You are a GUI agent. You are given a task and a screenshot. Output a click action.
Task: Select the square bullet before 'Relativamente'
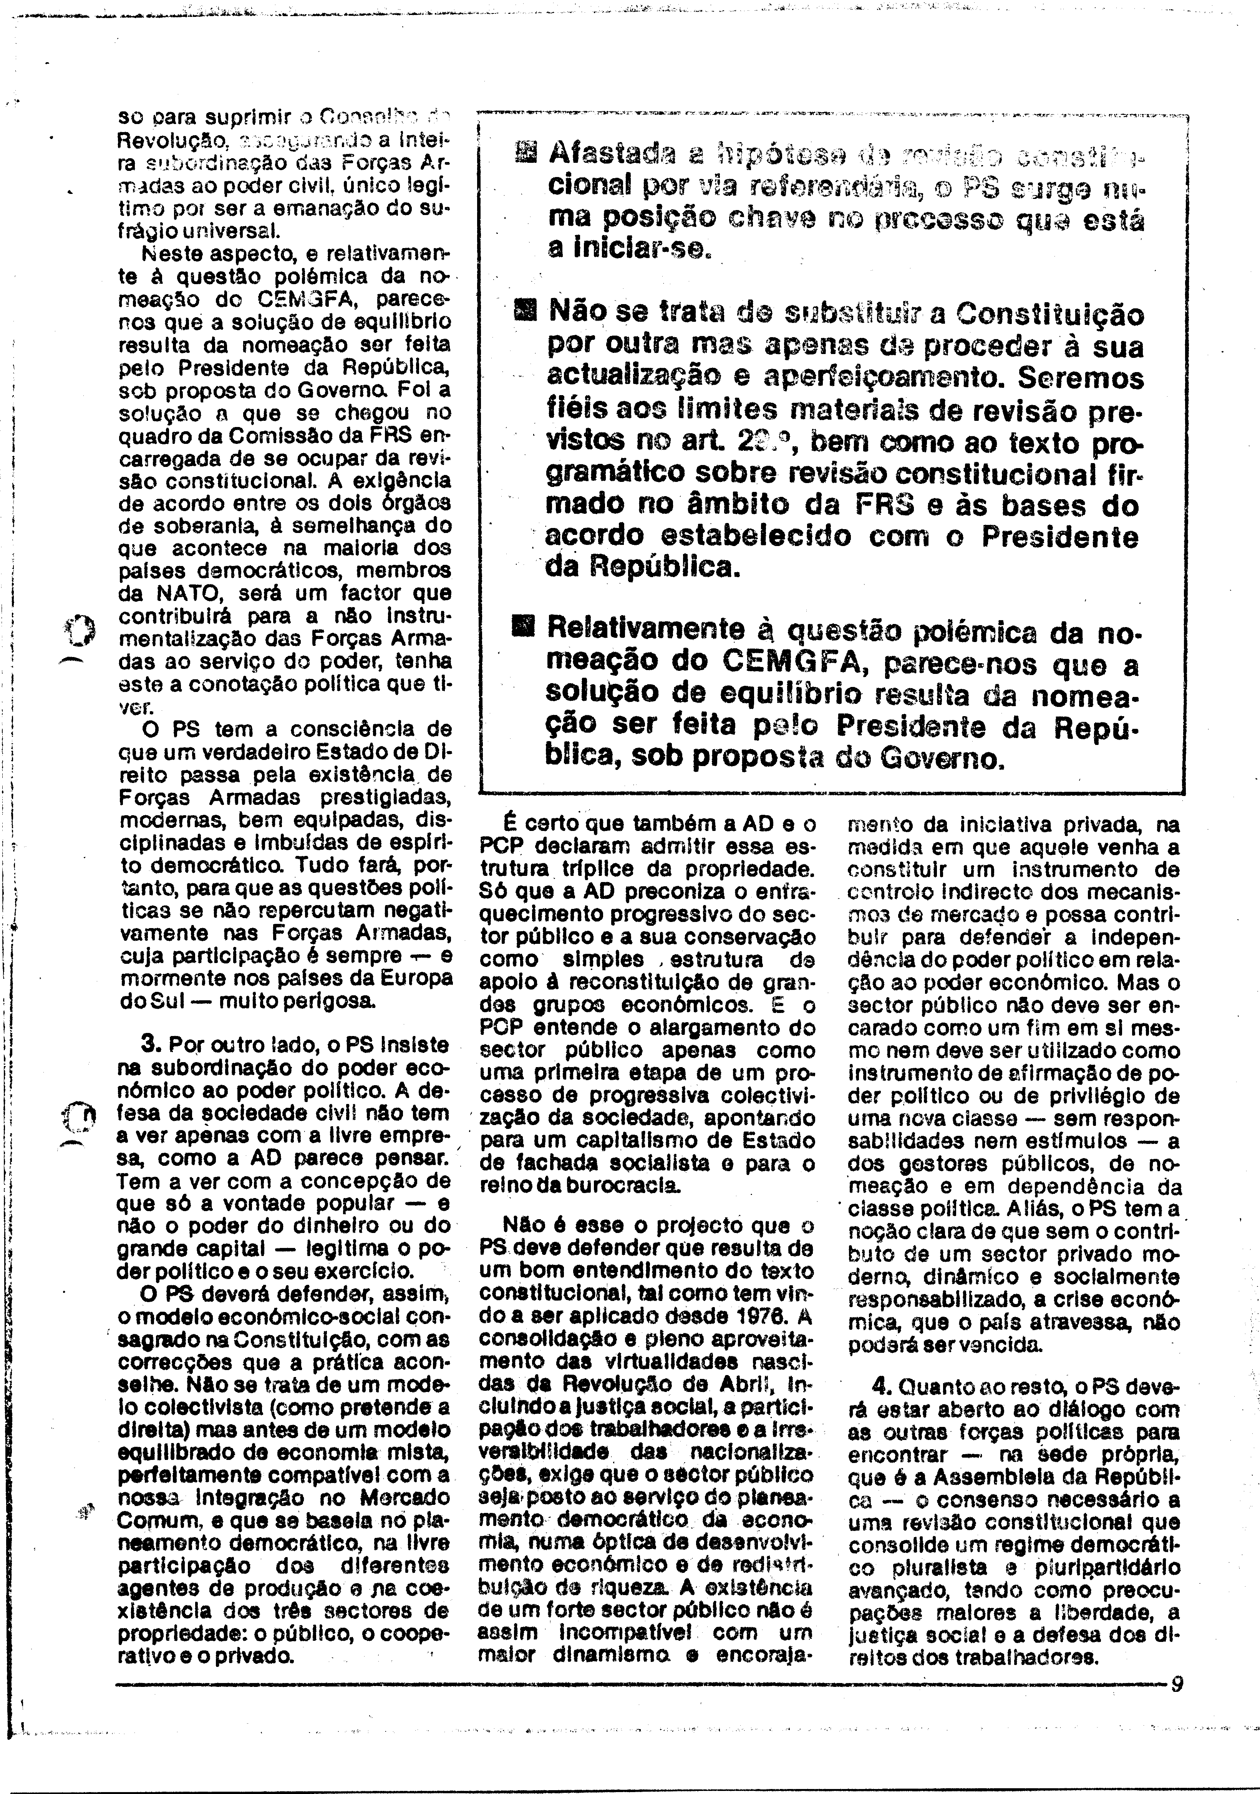click(x=522, y=626)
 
